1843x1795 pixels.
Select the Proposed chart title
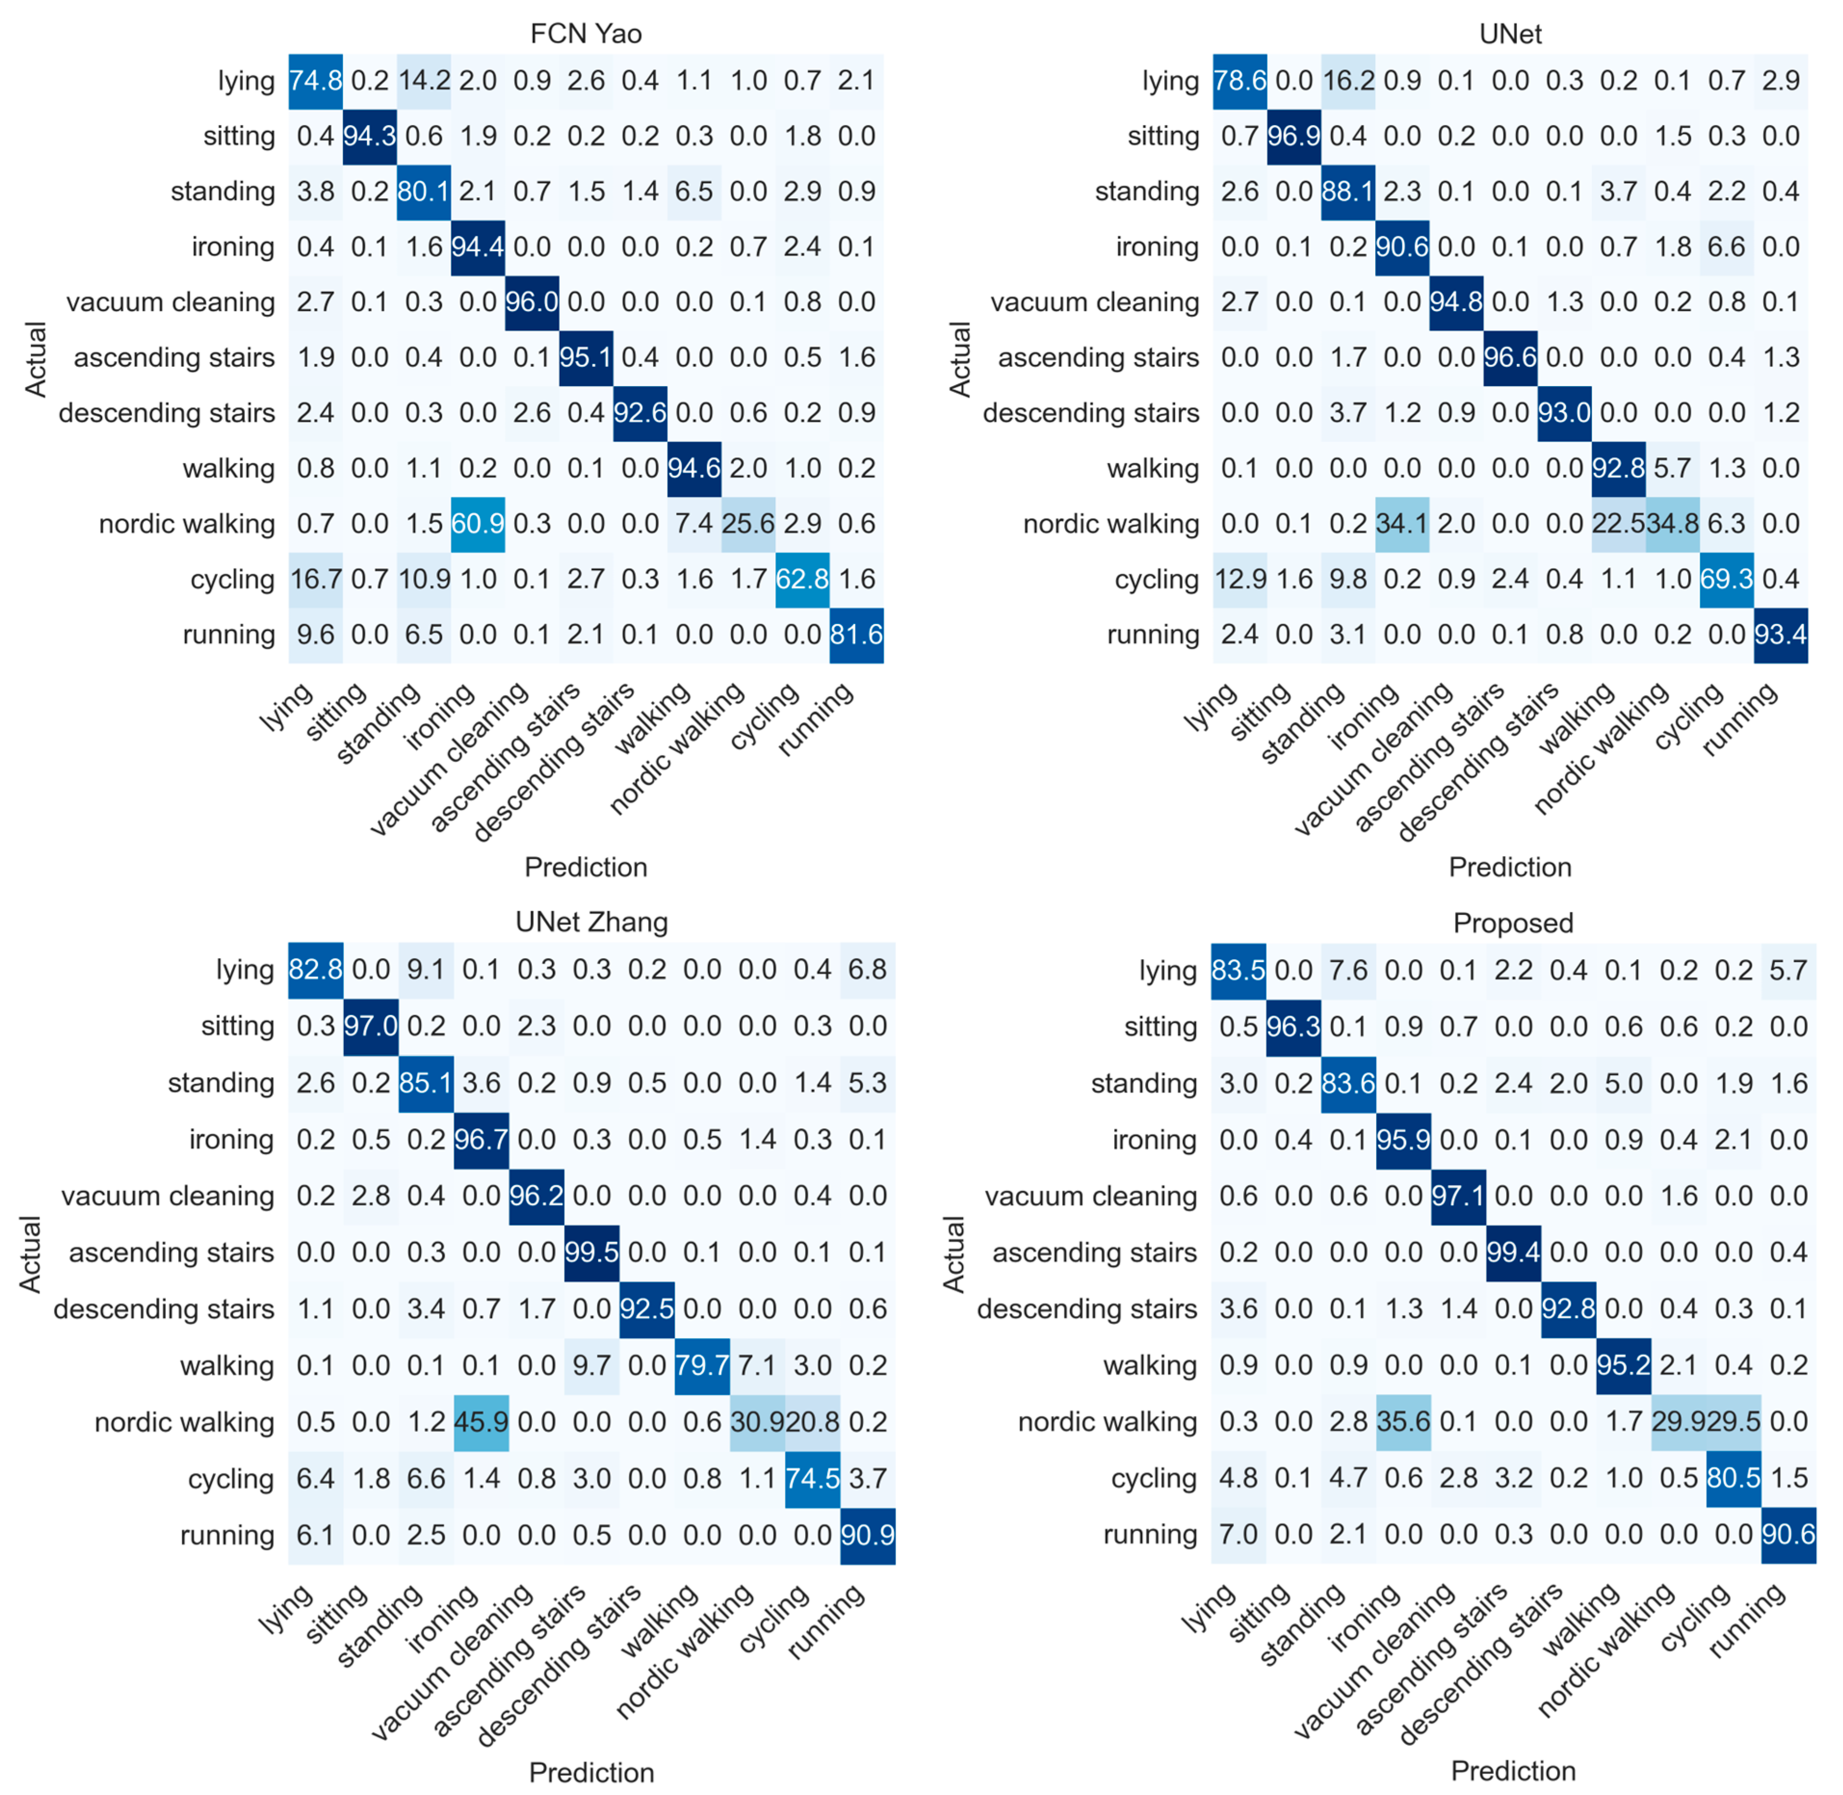[1513, 923]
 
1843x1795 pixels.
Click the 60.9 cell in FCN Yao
[478, 524]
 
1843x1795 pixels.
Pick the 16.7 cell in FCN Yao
[316, 579]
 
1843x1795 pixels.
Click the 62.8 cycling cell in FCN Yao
[802, 579]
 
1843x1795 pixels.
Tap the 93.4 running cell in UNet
[1781, 635]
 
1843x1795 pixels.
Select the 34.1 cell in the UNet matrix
[1402, 524]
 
